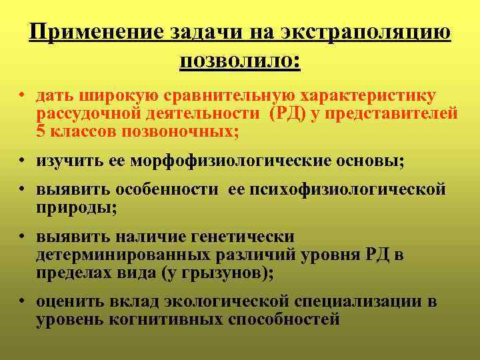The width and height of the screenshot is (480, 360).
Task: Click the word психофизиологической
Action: [x=347, y=190]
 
